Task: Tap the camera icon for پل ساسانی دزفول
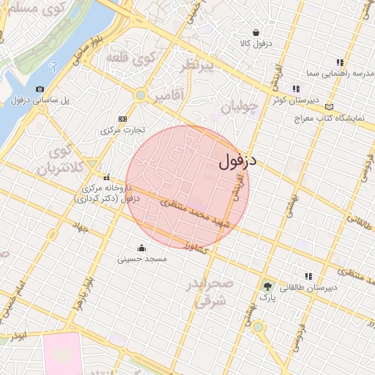(x=40, y=89)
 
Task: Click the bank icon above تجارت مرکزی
(x=122, y=119)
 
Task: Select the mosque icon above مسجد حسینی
(x=142, y=247)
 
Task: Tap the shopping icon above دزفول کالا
(x=256, y=32)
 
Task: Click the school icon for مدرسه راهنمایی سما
(x=339, y=62)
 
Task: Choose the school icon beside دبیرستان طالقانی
(x=308, y=276)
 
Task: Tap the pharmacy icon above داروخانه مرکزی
(x=107, y=177)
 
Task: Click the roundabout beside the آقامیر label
(x=140, y=94)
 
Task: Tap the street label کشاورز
(x=198, y=247)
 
